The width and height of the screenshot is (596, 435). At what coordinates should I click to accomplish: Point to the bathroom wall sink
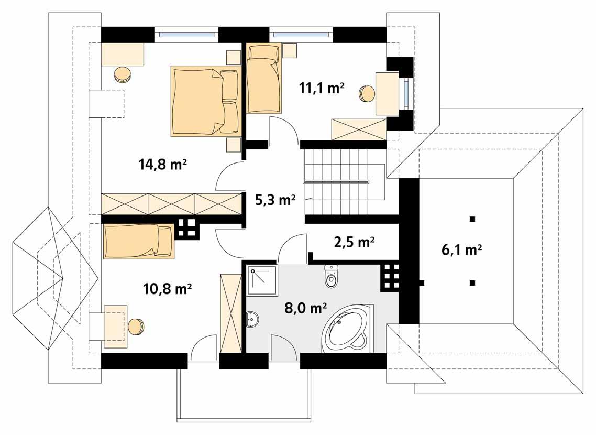point(252,319)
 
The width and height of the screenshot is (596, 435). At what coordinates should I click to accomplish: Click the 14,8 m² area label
point(163,165)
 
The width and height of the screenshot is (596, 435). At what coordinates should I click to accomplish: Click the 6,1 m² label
point(461,250)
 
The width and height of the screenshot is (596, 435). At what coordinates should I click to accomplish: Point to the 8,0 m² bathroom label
point(306,308)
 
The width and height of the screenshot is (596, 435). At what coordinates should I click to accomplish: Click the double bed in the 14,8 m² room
point(204,101)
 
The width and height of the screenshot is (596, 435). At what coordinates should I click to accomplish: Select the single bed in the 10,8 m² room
point(139,241)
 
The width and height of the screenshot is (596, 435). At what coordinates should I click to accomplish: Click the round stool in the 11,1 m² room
point(367,93)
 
